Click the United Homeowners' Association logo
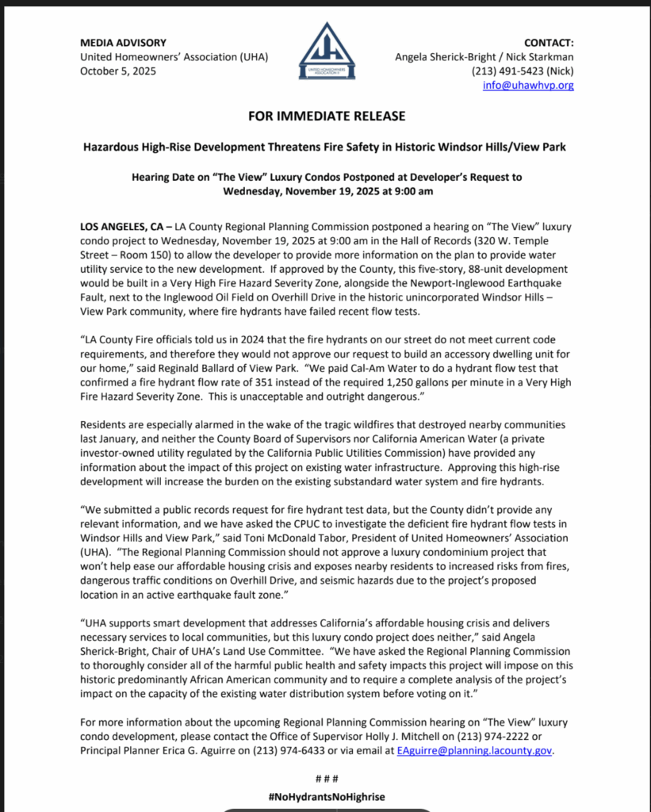[326, 51]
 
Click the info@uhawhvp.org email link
[528, 85]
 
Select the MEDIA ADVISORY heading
[123, 42]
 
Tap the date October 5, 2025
[118, 71]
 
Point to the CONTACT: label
[549, 42]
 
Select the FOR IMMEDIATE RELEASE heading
[326, 116]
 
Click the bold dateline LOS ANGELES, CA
[122, 227]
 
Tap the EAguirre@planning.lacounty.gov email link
[474, 750]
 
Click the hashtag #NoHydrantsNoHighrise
[326, 796]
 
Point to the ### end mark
[326, 779]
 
